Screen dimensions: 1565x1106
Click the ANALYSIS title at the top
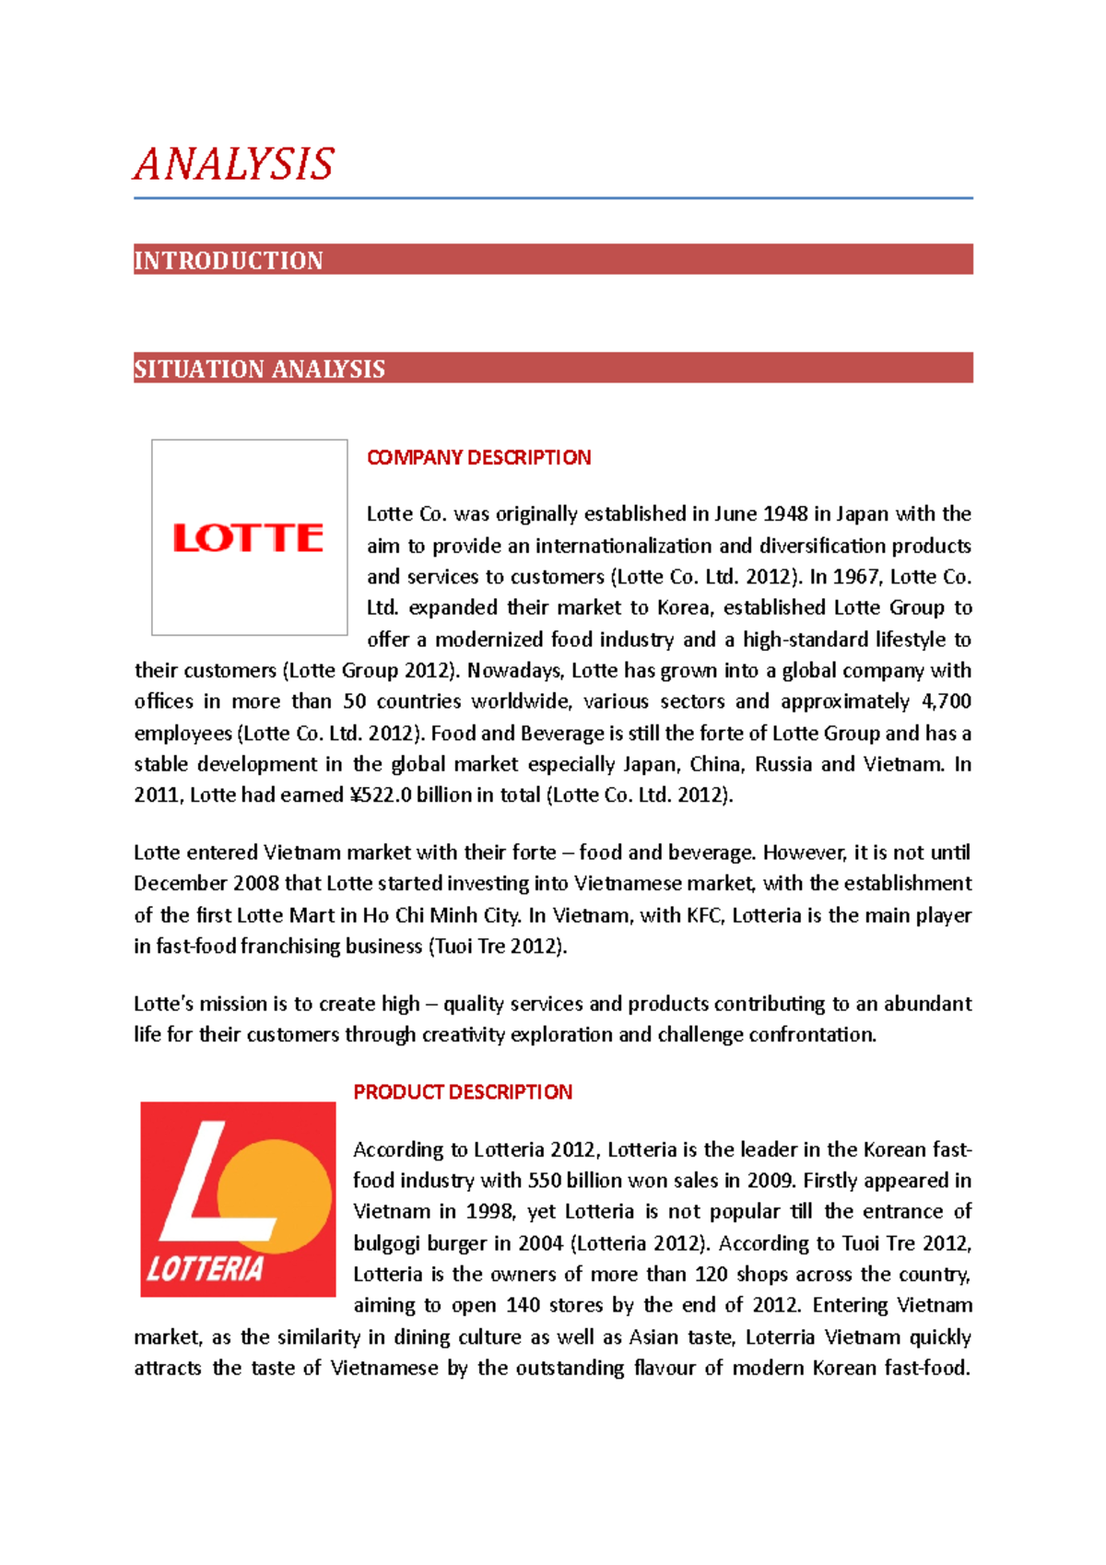[233, 164]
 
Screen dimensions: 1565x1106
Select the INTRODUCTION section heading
[229, 261]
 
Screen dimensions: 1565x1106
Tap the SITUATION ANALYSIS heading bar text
[259, 370]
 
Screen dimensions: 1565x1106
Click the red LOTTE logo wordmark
[249, 537]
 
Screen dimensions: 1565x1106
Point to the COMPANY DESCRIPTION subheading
[478, 458]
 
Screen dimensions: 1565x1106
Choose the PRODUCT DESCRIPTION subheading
[463, 1092]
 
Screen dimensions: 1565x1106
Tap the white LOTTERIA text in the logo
[206, 1270]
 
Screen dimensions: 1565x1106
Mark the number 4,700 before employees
[946, 701]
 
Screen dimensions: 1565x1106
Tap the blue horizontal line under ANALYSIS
[553, 197]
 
